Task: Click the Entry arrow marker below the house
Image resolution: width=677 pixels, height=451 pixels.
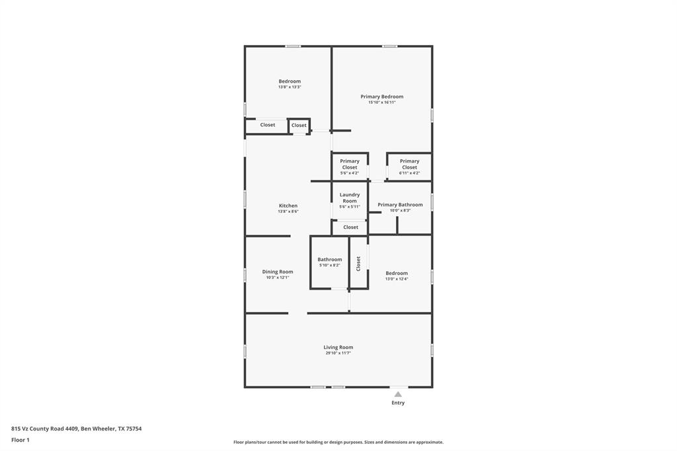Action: pos(398,394)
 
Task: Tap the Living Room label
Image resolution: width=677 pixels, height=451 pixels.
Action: pos(338,347)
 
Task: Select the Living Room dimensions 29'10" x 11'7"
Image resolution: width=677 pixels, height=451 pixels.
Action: pos(338,353)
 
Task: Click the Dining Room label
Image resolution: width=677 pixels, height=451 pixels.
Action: pos(277,272)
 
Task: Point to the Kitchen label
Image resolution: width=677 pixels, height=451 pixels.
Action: pos(288,206)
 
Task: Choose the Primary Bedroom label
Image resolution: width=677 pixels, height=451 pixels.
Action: pos(381,97)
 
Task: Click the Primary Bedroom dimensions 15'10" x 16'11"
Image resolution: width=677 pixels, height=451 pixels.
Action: pos(381,102)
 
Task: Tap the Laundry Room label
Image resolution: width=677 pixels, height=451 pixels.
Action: pos(350,198)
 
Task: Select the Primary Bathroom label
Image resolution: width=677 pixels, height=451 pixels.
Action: pos(400,205)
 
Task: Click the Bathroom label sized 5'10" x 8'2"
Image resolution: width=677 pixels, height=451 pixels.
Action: pos(329,260)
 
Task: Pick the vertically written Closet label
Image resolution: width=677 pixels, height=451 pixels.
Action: pos(358,263)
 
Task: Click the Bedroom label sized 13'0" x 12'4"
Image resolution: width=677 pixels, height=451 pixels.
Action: pos(397,273)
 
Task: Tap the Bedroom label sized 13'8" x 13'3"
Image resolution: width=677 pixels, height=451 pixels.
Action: pos(289,81)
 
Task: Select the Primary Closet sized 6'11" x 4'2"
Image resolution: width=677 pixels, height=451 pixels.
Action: pos(409,164)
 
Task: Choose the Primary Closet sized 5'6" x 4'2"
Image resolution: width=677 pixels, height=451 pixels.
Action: pos(350,164)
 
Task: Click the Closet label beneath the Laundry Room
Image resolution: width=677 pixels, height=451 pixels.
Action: pos(350,227)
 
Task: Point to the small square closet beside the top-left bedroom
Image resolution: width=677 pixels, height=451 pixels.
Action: pos(299,125)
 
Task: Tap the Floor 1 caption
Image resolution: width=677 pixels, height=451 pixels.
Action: pos(20,440)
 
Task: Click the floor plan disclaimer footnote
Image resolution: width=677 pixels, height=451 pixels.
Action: pos(338,442)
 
